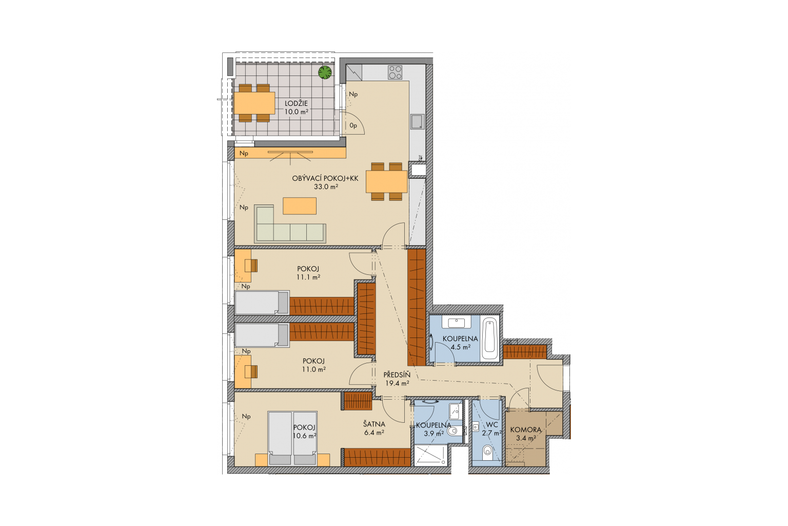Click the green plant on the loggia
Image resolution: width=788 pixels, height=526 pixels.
click(325, 72)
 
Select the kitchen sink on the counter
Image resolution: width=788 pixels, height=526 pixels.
click(418, 122)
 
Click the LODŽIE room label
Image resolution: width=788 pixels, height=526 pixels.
click(296, 103)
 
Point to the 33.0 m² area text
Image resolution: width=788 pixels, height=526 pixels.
click(326, 187)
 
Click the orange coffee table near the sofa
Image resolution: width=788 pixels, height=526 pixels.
click(300, 206)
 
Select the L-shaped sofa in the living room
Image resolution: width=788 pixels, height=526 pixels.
click(290, 224)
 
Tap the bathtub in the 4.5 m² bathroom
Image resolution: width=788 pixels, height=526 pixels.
click(489, 339)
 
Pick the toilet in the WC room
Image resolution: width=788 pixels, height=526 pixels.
click(487, 451)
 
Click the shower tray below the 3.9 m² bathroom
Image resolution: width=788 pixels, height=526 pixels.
click(430, 455)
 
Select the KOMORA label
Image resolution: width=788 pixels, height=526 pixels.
click(525, 430)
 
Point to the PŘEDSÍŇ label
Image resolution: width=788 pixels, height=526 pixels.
click(397, 375)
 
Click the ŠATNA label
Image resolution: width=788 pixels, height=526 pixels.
click(374, 424)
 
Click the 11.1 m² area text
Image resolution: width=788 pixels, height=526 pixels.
click(308, 277)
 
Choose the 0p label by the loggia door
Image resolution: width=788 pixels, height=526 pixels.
click(353, 125)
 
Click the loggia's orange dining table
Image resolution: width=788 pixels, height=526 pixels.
click(254, 103)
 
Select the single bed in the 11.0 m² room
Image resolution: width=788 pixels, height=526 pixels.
click(262, 335)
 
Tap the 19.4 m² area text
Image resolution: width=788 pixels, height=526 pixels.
click(397, 383)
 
